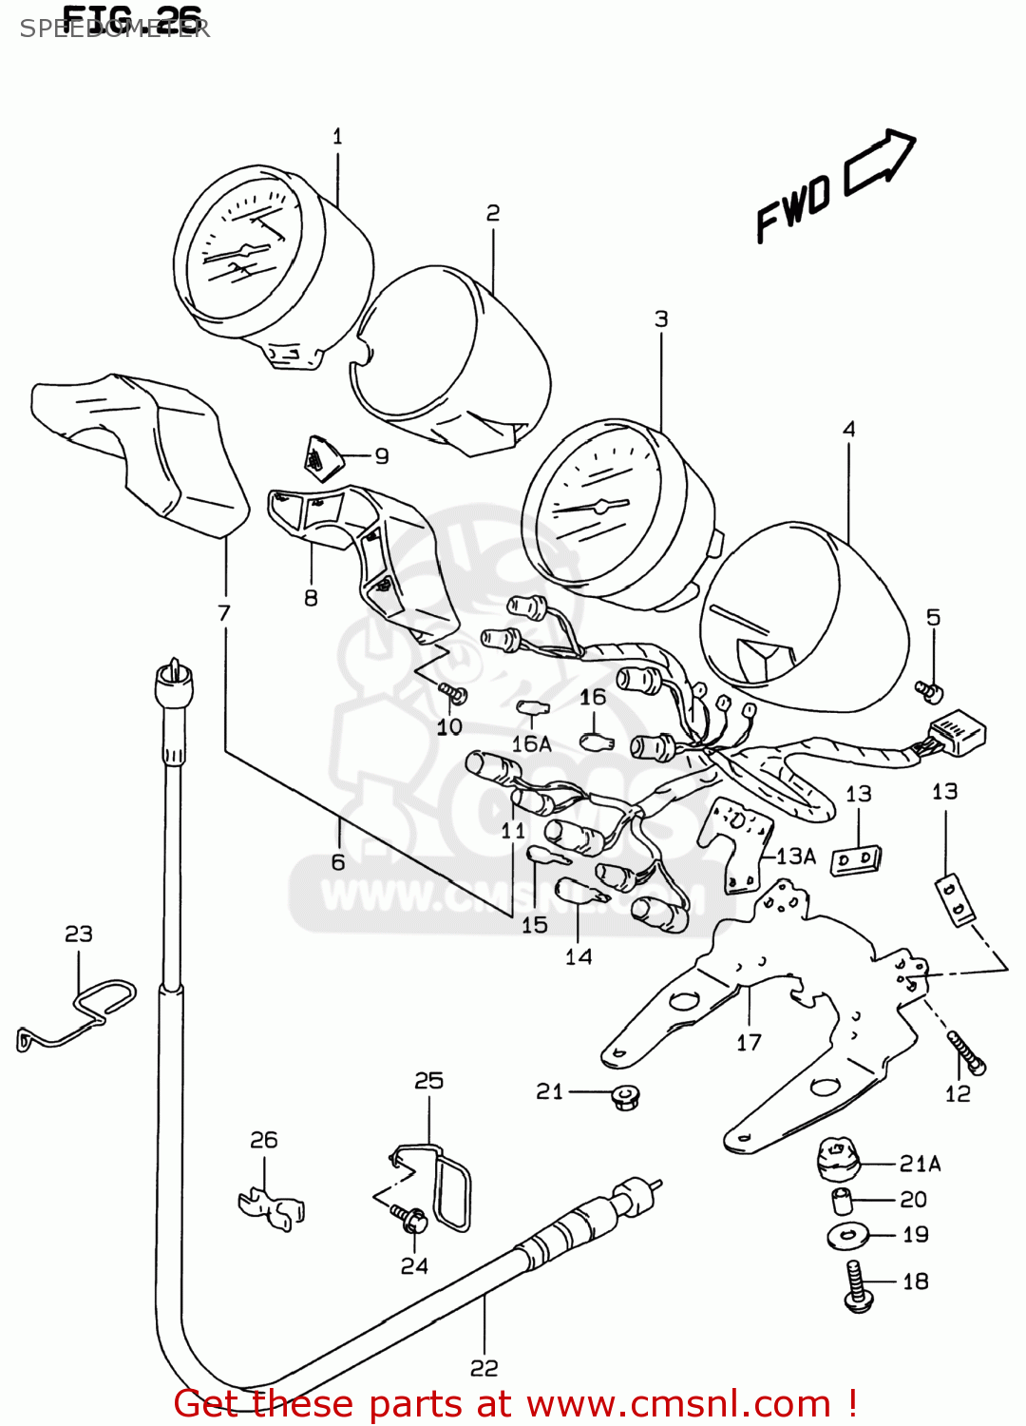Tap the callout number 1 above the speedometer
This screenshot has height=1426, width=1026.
[x=337, y=137]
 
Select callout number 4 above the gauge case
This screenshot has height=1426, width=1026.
[x=848, y=430]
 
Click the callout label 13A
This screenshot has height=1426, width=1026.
[x=796, y=857]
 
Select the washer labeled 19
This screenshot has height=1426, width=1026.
[x=847, y=1236]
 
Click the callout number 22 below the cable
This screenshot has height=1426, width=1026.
[x=484, y=1368]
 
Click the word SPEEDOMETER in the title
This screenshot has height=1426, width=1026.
[x=114, y=29]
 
